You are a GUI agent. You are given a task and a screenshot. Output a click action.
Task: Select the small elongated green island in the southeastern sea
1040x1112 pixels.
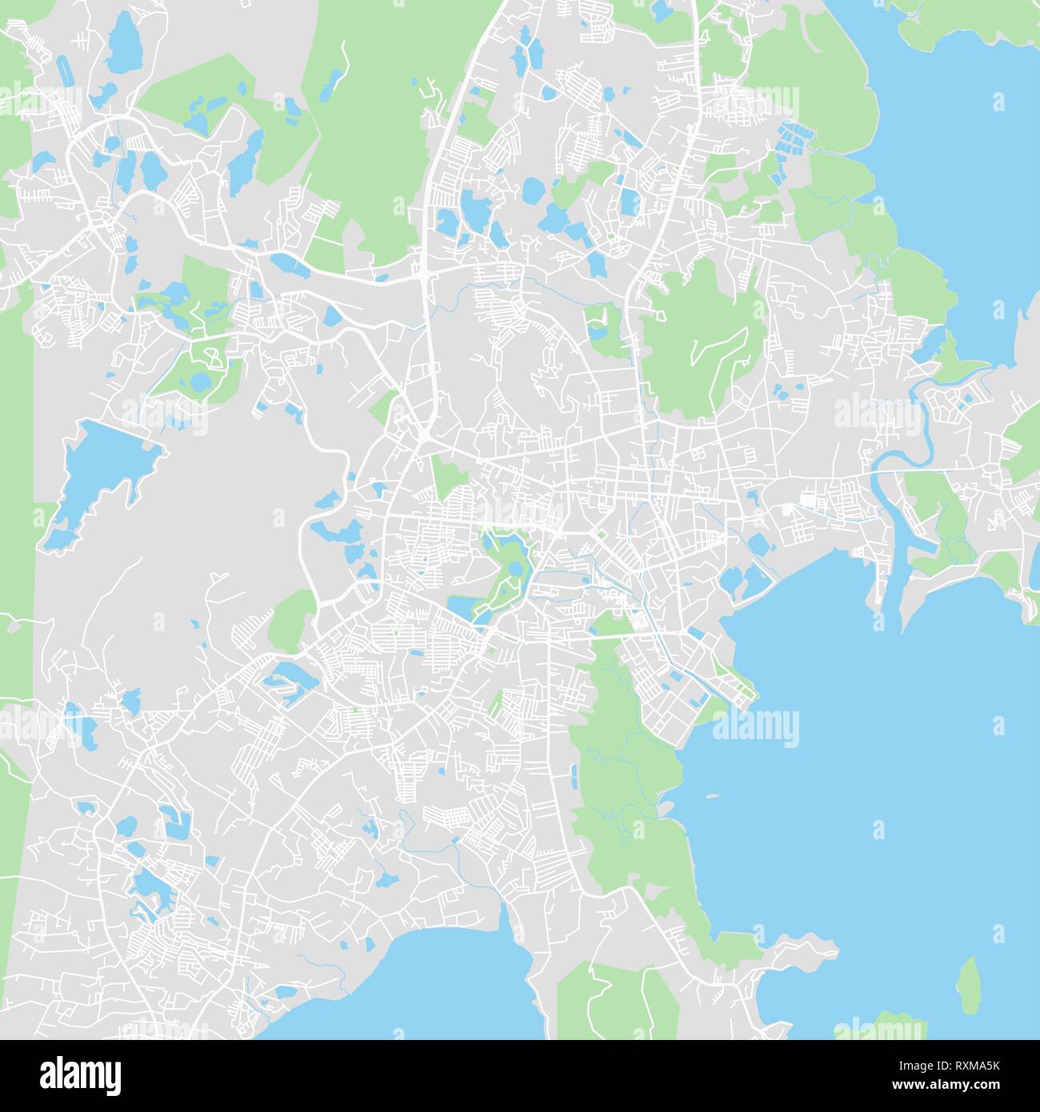(969, 984)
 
